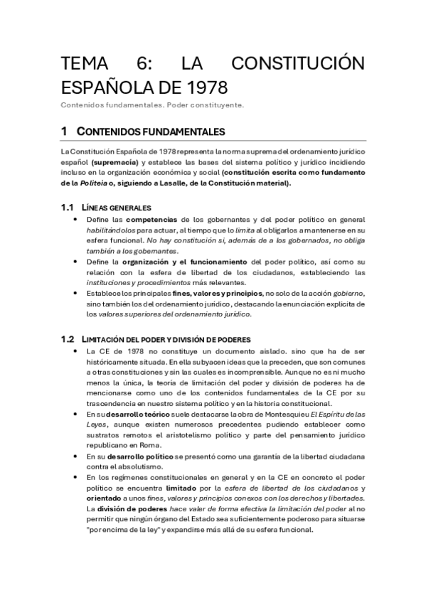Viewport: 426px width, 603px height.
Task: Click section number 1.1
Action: tap(68, 208)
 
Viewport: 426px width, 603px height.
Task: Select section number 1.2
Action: tap(68, 338)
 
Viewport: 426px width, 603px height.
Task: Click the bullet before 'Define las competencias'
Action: tap(75, 220)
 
